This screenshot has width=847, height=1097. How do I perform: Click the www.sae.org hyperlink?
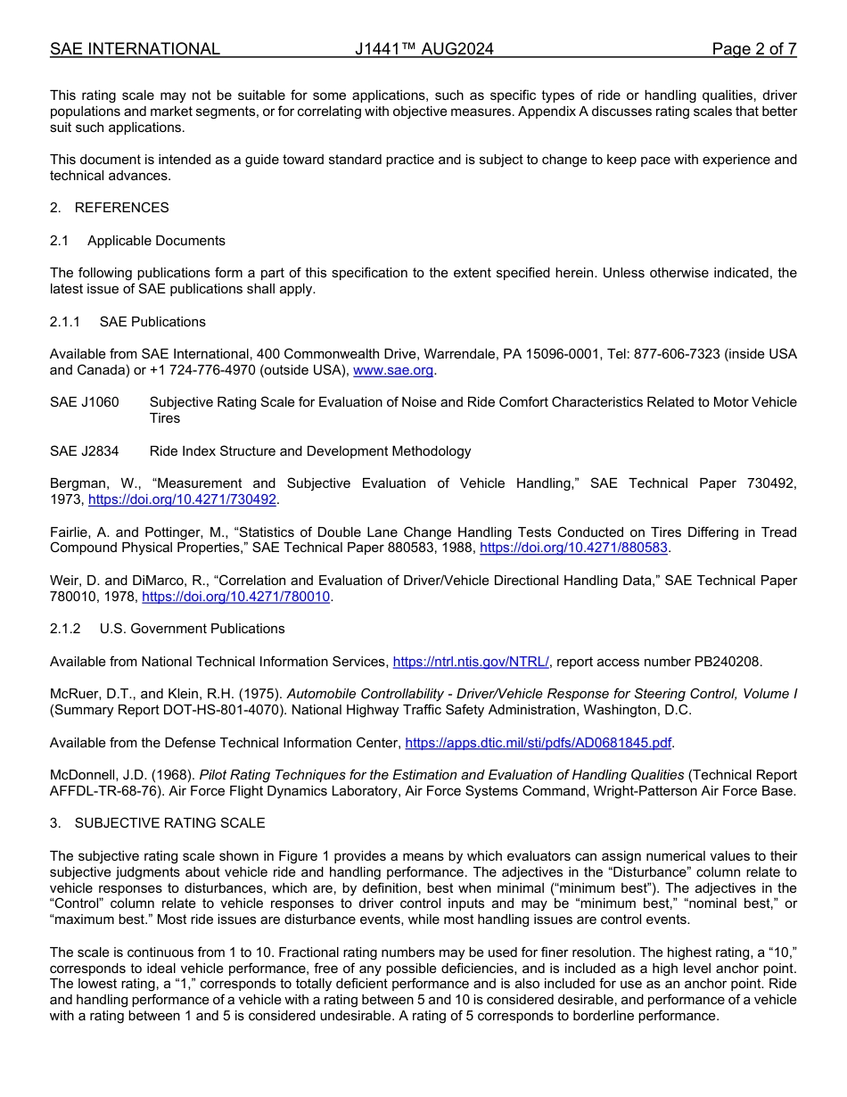[x=394, y=370]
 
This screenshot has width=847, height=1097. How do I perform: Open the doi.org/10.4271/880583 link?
[x=573, y=548]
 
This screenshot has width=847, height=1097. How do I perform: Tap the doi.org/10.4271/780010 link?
[x=236, y=597]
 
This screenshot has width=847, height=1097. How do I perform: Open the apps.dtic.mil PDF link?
[x=538, y=743]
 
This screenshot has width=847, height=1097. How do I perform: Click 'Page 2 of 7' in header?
[x=753, y=49]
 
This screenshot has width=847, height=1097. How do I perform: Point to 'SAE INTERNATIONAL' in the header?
[x=135, y=49]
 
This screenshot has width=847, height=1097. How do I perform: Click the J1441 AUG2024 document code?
[x=423, y=49]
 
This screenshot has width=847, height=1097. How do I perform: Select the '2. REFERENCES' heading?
[x=109, y=208]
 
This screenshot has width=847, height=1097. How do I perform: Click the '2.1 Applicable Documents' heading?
[x=137, y=241]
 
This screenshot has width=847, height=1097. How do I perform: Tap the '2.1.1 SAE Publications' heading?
[x=127, y=322]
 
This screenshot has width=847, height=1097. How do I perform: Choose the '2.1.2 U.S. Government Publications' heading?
[x=167, y=629]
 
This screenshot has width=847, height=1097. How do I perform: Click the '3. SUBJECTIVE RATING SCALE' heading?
[x=157, y=823]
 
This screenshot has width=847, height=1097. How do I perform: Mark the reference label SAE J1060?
[x=84, y=402]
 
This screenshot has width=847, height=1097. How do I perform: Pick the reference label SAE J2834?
[x=84, y=451]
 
